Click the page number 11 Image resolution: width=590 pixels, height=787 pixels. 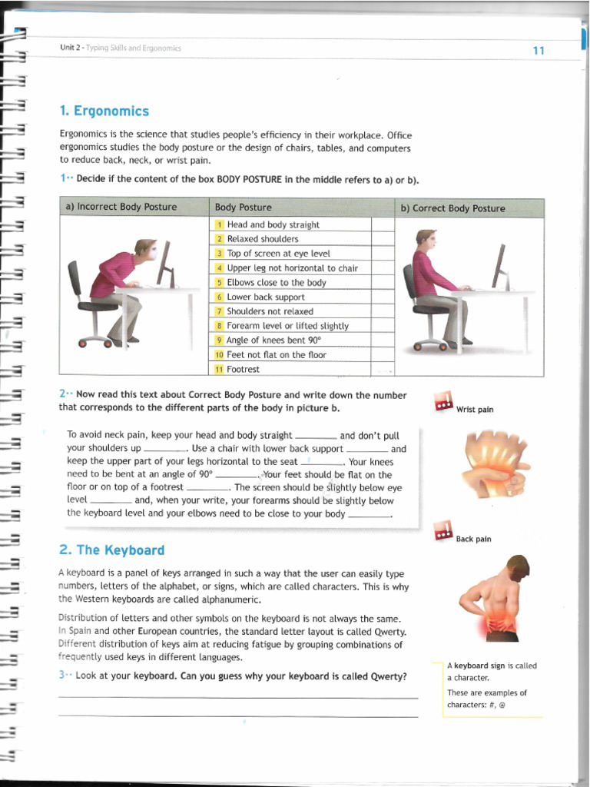point(538,51)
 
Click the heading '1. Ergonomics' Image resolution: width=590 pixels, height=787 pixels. point(104,111)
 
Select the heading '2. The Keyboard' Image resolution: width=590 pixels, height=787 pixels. point(111,550)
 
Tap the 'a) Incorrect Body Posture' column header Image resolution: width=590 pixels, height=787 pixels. point(121,208)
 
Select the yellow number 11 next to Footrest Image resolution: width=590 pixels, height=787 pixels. point(219,370)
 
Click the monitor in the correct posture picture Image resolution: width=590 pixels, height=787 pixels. point(500,265)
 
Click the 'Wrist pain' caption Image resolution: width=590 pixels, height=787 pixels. point(474,410)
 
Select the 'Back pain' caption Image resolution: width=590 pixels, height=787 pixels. point(473,540)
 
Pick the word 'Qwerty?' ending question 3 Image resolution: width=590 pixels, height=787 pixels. point(388,677)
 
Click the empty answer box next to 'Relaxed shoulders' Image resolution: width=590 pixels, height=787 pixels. point(383,239)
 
